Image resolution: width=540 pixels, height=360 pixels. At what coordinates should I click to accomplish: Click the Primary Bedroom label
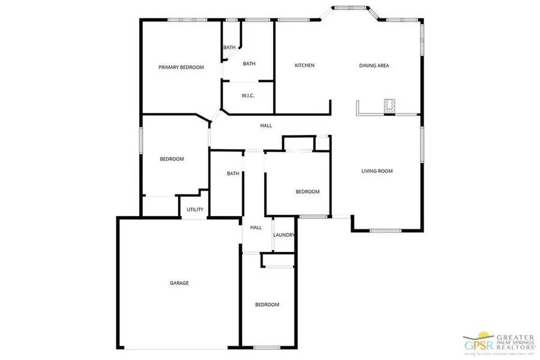(x=181, y=67)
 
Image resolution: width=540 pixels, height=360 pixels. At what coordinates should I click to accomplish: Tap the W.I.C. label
(x=248, y=95)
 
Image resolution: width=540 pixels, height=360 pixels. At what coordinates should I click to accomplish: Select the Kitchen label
(x=304, y=65)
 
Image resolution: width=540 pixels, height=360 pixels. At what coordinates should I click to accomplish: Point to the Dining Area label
(x=374, y=65)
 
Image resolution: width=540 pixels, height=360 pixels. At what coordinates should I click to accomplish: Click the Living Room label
(x=377, y=171)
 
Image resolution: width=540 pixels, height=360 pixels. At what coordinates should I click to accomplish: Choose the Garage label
(x=179, y=283)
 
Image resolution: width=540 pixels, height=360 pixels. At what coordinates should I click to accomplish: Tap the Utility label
(x=195, y=209)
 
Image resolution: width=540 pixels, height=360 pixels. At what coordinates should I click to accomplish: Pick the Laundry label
(x=283, y=235)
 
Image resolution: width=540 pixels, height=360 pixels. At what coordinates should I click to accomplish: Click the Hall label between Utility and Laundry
(x=256, y=227)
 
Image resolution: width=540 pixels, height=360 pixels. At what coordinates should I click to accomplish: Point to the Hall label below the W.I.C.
(x=266, y=125)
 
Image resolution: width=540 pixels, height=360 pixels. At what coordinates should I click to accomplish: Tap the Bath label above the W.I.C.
(x=249, y=63)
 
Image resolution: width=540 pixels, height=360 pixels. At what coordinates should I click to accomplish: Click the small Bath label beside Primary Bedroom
(x=229, y=47)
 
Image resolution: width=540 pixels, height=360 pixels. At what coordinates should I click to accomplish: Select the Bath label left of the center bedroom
(x=233, y=174)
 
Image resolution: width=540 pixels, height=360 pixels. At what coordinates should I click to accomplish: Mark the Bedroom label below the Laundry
(x=267, y=305)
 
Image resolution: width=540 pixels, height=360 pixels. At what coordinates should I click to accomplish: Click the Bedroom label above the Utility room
(x=172, y=159)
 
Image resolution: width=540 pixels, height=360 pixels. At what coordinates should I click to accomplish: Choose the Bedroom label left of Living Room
(x=307, y=191)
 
